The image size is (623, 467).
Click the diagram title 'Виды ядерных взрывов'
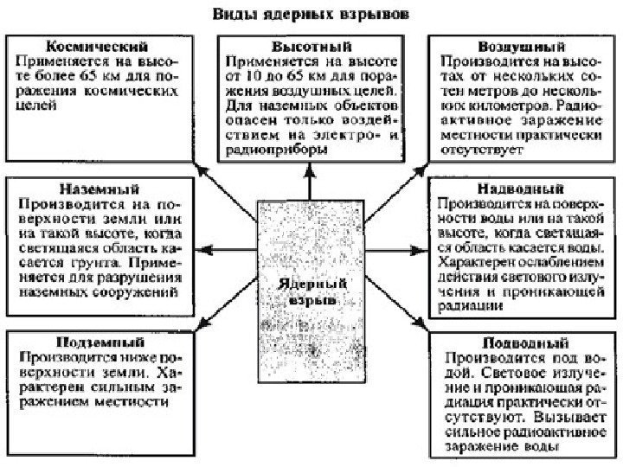[x=313, y=16]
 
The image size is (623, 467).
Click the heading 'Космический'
[x=97, y=44]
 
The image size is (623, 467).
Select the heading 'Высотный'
[x=309, y=44]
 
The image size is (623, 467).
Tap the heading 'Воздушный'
[x=518, y=44]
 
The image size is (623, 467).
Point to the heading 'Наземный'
[x=98, y=188]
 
